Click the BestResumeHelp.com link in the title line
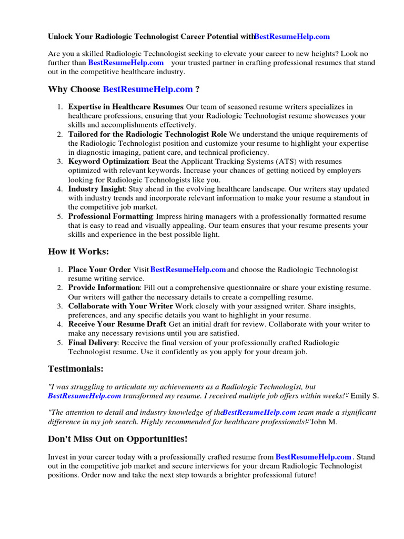(292, 36)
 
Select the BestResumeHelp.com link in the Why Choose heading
(148, 89)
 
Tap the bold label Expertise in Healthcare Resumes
(126, 107)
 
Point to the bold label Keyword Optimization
(108, 162)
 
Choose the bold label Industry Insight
(96, 189)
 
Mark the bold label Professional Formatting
(110, 216)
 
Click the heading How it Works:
(78, 251)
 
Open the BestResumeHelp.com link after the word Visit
(188, 269)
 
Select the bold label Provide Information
(104, 288)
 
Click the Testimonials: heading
(76, 368)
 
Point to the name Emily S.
(364, 395)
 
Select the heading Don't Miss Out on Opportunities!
(117, 438)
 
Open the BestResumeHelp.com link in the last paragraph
(313, 457)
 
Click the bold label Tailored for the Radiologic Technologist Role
(147, 134)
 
